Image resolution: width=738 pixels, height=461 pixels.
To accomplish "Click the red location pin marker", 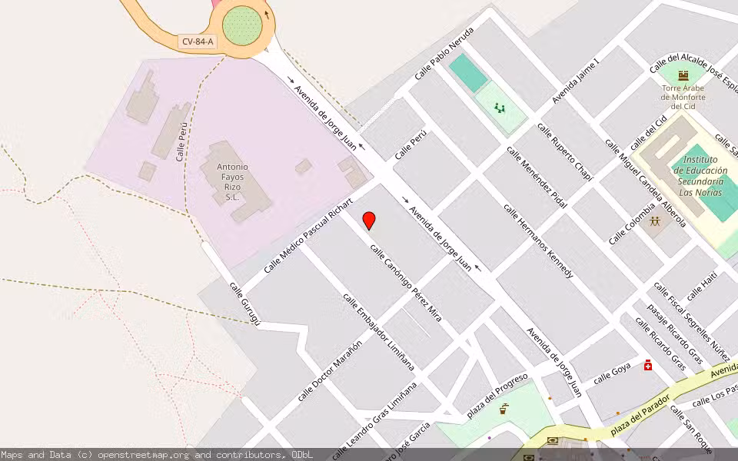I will pos(369,220).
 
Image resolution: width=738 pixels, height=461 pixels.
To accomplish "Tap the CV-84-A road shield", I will pos(198,41).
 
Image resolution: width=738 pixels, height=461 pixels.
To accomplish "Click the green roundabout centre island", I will pos(243,25).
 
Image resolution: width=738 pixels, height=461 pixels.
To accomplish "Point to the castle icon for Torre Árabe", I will pos(683,76).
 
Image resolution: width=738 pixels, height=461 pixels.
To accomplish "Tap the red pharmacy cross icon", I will pos(648,365).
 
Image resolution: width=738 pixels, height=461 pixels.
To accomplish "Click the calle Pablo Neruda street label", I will pos(444,51).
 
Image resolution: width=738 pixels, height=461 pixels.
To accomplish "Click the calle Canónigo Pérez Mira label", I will pos(406,282).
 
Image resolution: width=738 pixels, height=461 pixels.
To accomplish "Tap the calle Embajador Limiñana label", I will pos(378,332).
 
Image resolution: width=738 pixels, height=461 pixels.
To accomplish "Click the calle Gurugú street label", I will pos(245,303).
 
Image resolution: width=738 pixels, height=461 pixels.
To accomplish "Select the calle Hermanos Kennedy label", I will pos(538,240).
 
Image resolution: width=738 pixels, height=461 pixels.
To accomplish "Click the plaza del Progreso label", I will pos(497,394).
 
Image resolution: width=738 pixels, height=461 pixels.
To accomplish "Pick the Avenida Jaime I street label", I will pos(575,80).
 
